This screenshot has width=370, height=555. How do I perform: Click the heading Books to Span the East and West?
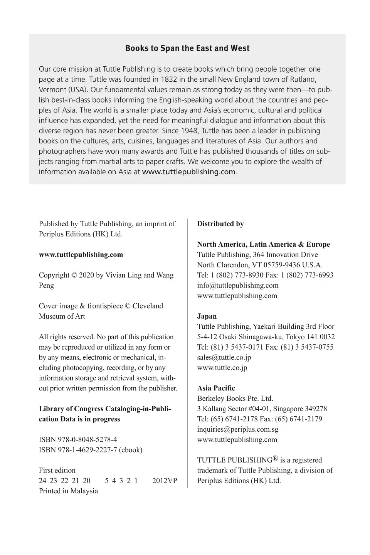click(187, 49)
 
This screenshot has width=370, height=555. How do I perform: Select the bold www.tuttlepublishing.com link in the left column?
click(81, 254)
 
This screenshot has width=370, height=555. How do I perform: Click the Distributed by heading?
click(220, 224)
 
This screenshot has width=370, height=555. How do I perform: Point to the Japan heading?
click(207, 316)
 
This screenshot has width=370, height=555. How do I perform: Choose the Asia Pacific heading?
click(216, 388)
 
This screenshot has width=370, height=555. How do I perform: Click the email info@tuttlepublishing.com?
click(238, 286)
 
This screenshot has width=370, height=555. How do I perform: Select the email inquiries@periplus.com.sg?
click(238, 429)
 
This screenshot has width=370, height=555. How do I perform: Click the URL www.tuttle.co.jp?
click(222, 368)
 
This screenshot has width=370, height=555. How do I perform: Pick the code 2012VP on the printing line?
click(165, 481)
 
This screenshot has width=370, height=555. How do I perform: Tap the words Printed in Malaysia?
click(68, 491)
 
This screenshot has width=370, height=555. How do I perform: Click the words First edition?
click(57, 470)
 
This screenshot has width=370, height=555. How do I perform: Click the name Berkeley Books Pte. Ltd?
click(235, 399)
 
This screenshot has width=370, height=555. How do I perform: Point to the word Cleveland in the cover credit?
click(148, 306)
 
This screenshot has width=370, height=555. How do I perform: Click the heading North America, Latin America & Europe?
click(264, 244)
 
